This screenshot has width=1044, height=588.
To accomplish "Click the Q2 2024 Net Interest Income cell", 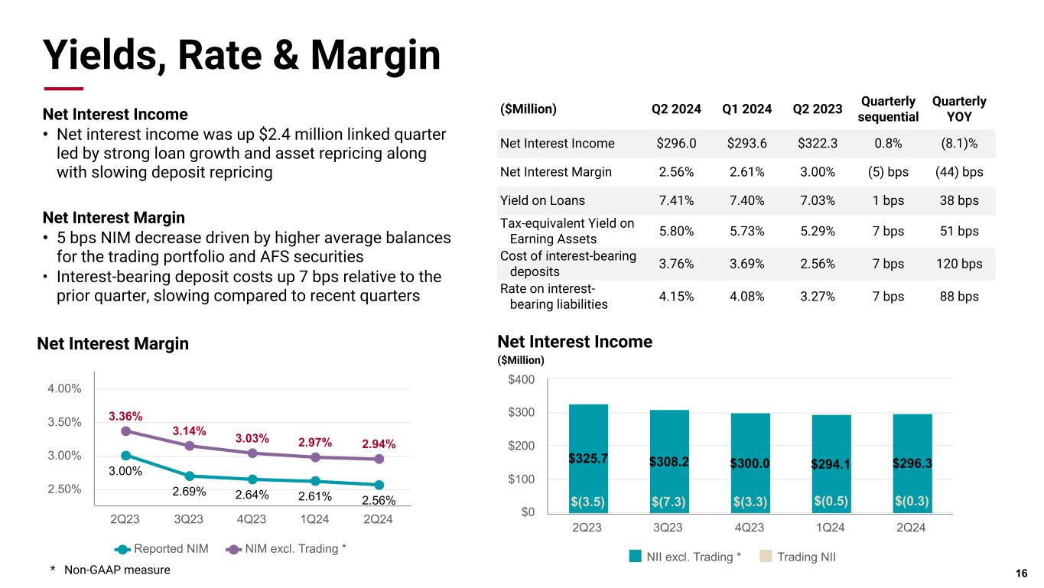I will pyautogui.click(x=676, y=143).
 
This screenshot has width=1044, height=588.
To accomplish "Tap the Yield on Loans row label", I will pyautogui.click(x=542, y=200).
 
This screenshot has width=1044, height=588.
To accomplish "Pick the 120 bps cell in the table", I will pyautogui.click(x=959, y=264).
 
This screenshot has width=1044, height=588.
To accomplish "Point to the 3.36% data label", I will pyautogui.click(x=125, y=416).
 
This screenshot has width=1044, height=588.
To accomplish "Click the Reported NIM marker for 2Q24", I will pyautogui.click(x=379, y=485).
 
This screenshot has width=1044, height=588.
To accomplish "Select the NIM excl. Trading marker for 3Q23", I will pyautogui.click(x=189, y=445).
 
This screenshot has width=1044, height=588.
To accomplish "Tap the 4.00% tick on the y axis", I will pyautogui.click(x=64, y=388).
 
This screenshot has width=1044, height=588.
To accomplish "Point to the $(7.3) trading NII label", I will pyautogui.click(x=669, y=501).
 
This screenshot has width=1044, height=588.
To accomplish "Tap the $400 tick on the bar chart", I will pyautogui.click(x=523, y=380).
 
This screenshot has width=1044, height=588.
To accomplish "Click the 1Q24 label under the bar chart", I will pyautogui.click(x=831, y=528).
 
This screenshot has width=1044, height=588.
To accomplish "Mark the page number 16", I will pyautogui.click(x=1021, y=574).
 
